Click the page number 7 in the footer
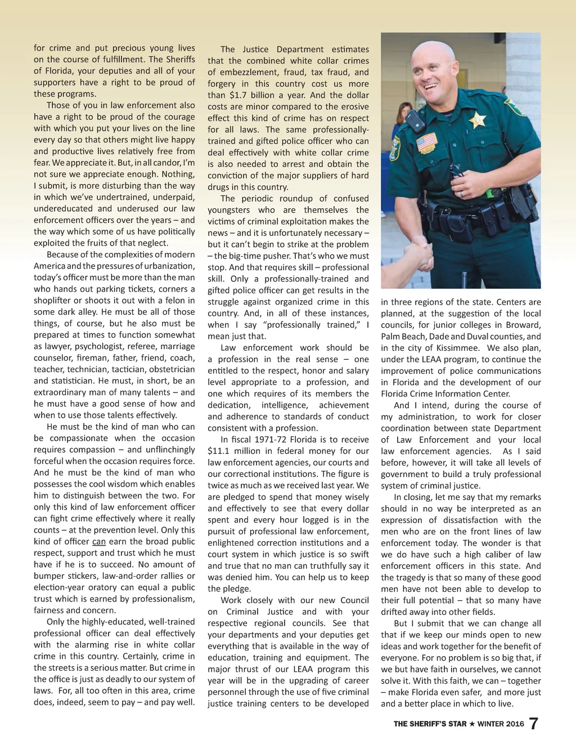pyautogui.click(x=534, y=723)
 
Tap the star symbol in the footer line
pyautogui.click(x=472, y=724)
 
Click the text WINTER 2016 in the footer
pyautogui.click(x=501, y=724)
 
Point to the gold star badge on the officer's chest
pyautogui.click(x=477, y=119)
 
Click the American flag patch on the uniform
pyautogui.click(x=427, y=141)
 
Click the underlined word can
pyautogui.click(x=99, y=541)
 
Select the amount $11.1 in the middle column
pyautogui.click(x=218, y=451)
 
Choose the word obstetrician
pyautogui.click(x=169, y=369)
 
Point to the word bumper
pyautogui.click(x=49, y=576)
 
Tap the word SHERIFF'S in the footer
pyautogui.click(x=437, y=724)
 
